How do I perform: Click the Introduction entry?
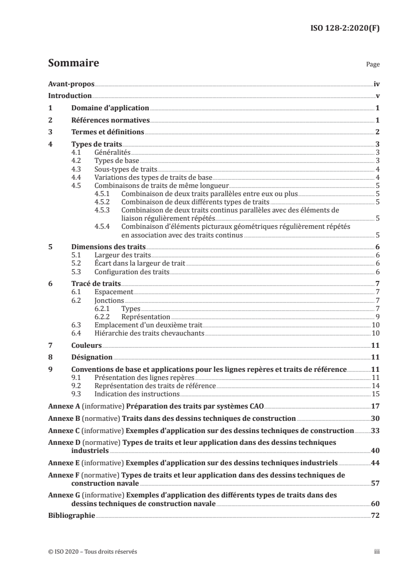[x=69, y=96]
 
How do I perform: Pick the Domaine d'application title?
[x=110, y=108]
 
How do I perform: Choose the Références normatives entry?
[x=110, y=121]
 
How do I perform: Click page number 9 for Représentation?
[x=377, y=317]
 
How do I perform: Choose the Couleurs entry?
[x=86, y=346]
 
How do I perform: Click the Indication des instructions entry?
[x=137, y=394]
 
